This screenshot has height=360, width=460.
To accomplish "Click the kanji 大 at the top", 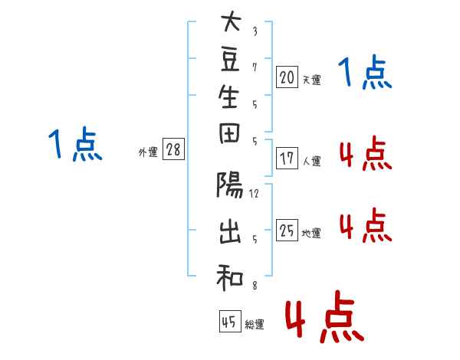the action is point(231,21).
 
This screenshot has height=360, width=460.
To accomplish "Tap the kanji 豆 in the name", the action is point(230,60).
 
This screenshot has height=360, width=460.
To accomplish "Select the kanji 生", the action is point(228,97).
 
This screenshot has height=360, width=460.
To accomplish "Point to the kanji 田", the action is point(229,133).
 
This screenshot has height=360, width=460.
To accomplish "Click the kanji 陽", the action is point(230,185).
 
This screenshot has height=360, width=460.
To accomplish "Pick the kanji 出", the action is point(230,232).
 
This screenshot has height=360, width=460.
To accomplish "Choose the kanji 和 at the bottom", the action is point(230,277).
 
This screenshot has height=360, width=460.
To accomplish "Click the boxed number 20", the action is point(287,77).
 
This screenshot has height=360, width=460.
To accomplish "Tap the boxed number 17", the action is point(287,159).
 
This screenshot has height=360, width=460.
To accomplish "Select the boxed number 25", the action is point(287,230).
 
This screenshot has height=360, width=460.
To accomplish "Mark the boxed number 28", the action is point(173,149).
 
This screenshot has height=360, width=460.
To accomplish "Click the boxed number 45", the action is point(230,321).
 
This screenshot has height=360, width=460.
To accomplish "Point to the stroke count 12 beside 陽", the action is point(254,194).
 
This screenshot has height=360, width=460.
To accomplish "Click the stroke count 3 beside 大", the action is point(255,31).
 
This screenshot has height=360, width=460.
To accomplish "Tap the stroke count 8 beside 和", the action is point(255,286).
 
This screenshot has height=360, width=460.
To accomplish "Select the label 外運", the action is point(148,152).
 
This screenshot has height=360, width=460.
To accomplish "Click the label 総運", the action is point(255,325).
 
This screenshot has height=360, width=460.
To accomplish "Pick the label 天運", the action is point(312,80).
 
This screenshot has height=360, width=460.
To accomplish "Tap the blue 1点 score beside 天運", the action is point(365,73).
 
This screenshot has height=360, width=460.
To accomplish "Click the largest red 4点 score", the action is point(325,316).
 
